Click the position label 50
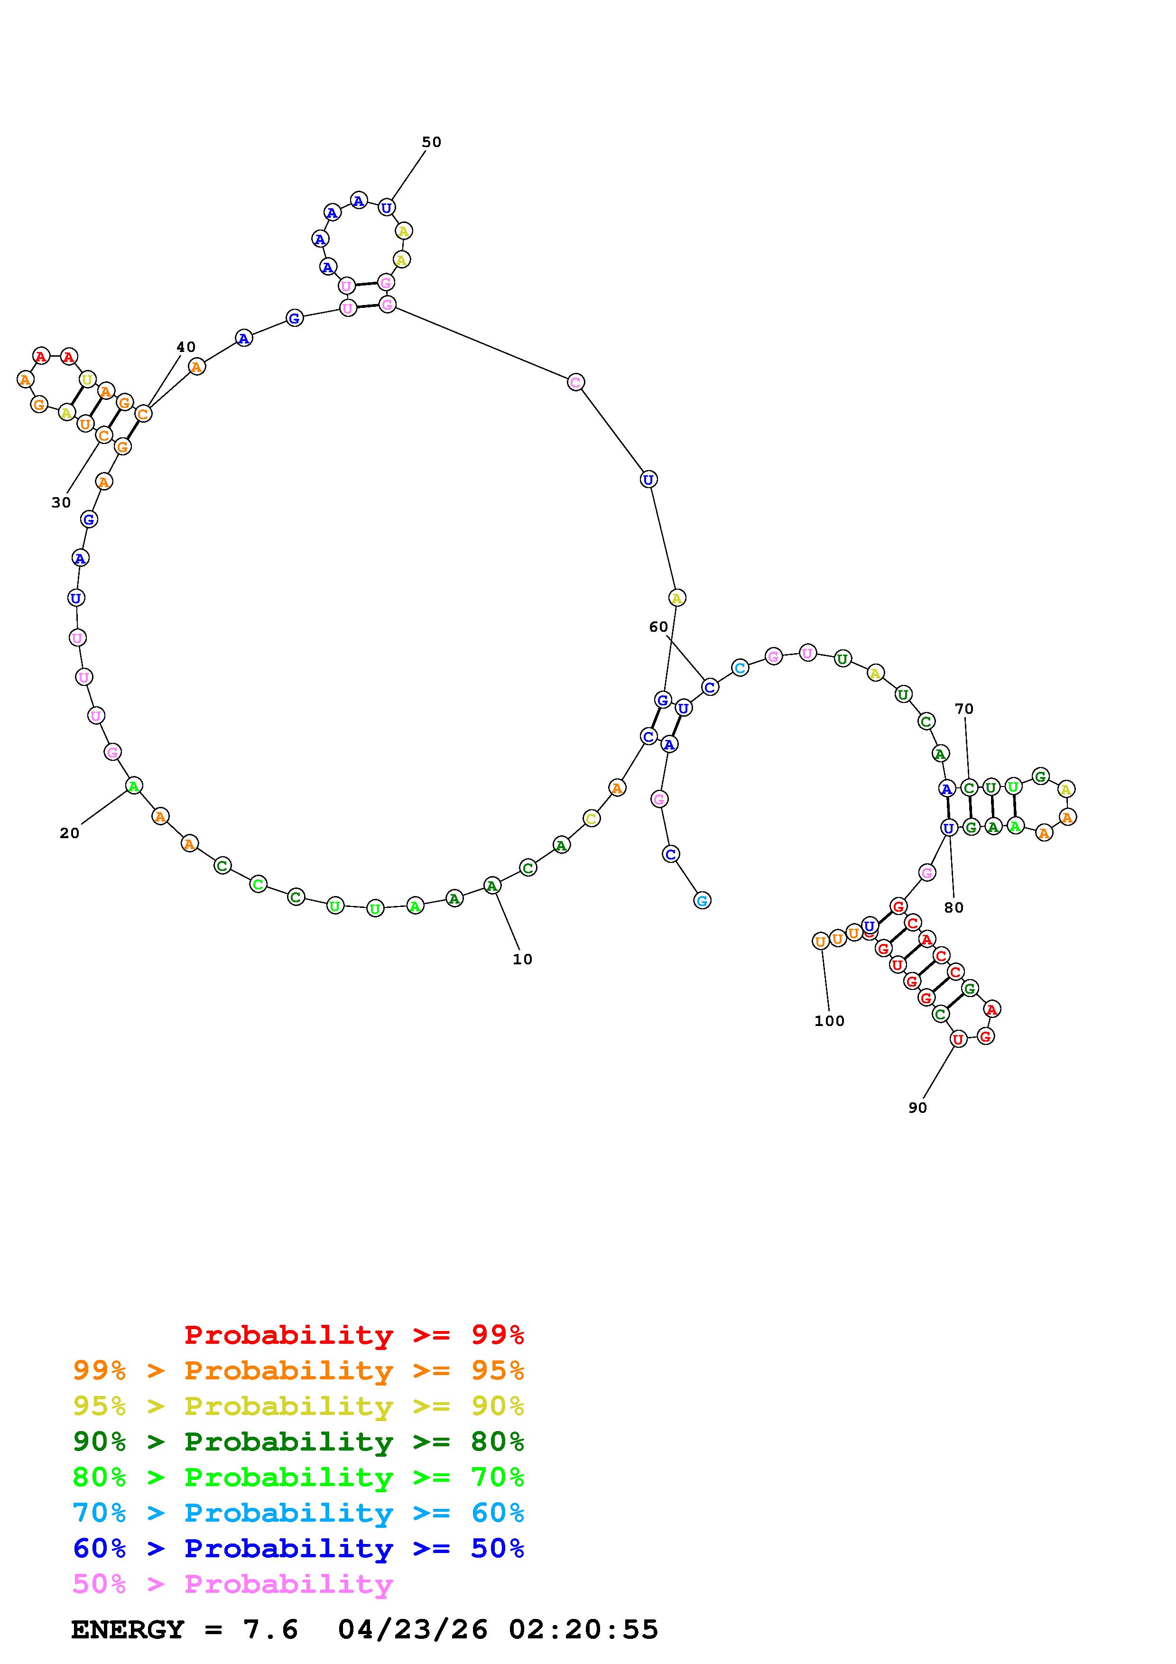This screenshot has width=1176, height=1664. point(431,142)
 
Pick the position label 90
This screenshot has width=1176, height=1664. point(917,1108)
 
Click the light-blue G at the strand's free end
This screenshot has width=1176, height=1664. point(702,900)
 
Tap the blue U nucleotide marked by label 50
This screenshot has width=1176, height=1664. point(387,208)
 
